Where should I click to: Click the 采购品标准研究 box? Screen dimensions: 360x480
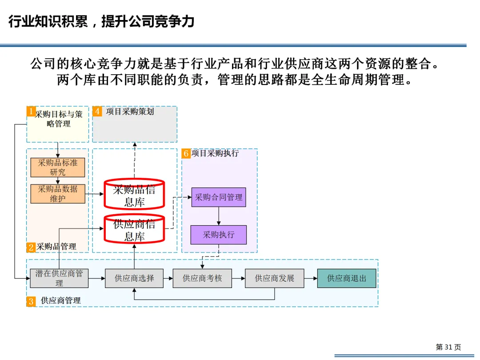coord(58,168)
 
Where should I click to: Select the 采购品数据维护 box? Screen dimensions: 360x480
coord(58,194)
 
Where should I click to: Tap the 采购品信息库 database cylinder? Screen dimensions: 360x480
coord(134,195)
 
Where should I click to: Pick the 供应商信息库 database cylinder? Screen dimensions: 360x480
coord(134,229)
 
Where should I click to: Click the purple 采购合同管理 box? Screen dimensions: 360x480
coord(219,197)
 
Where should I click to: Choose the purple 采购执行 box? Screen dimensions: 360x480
coord(219,235)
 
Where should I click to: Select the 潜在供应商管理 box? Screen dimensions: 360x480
coord(59,278)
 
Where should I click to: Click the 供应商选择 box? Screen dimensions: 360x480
coord(134,278)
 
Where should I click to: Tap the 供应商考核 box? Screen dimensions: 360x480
coord(202,278)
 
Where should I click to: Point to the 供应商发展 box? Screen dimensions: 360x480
coord(275,278)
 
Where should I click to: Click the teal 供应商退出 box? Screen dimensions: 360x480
coord(347,278)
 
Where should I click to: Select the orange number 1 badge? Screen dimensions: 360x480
coord(31,111)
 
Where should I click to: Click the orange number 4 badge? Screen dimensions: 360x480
coord(97,111)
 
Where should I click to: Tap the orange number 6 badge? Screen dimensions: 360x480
coord(186,154)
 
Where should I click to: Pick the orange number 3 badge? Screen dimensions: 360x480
coord(31,301)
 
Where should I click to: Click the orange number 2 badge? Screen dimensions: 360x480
coord(31,247)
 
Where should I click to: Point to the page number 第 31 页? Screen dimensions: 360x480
coord(448,347)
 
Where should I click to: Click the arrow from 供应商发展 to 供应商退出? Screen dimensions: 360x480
coord(311,278)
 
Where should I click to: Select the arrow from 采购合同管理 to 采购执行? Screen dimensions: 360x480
coord(219,216)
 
